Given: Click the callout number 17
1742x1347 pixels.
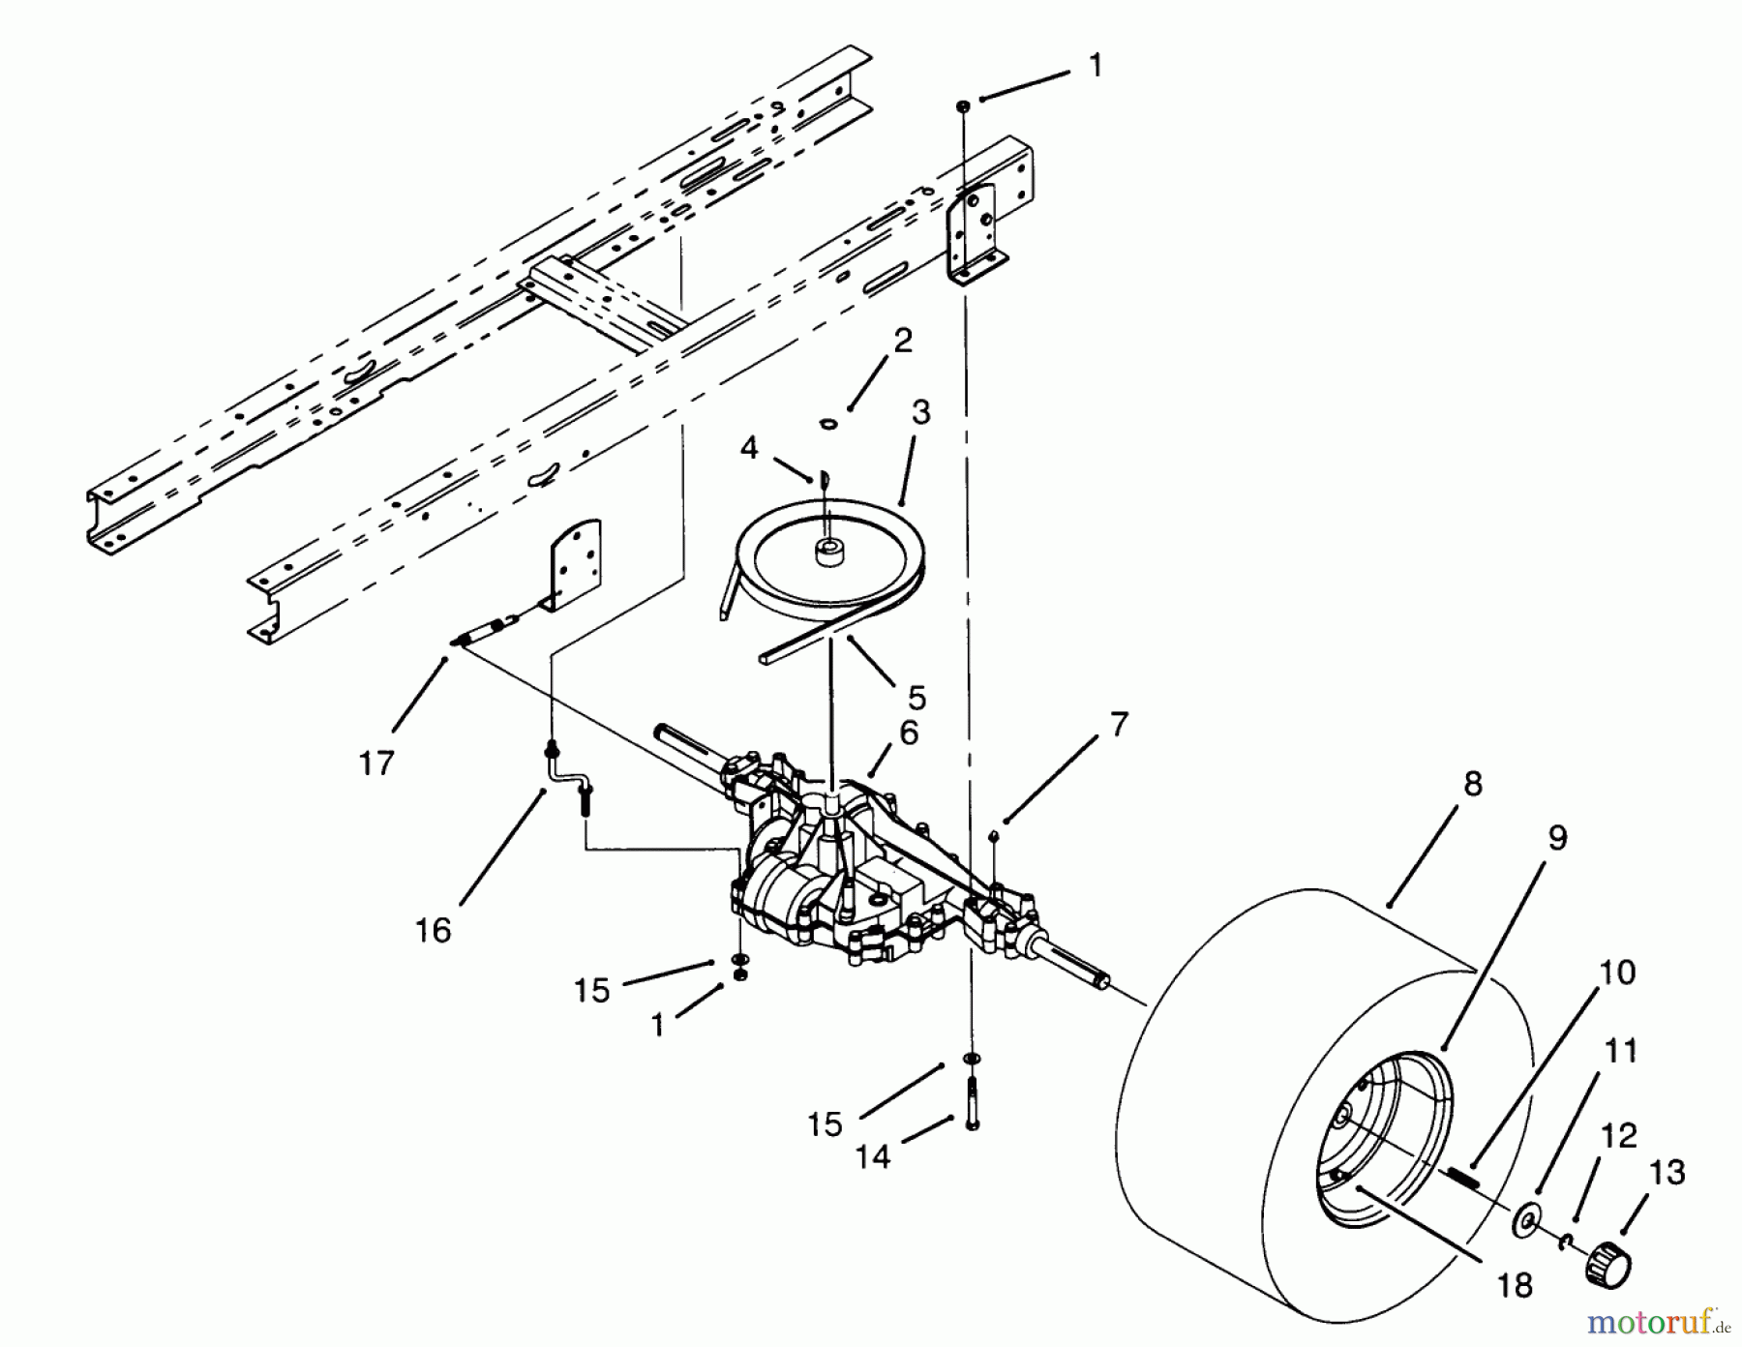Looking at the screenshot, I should (x=376, y=763).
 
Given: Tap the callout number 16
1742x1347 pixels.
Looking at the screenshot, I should (x=434, y=930).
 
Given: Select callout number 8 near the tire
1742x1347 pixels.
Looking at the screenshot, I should (x=1473, y=783).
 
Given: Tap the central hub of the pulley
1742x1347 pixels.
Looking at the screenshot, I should (x=829, y=554).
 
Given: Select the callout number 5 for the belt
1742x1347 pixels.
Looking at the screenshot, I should (x=916, y=697).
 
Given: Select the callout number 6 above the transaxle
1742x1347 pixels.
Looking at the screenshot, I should (x=908, y=733).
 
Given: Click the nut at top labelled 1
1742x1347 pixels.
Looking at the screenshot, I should (x=964, y=104).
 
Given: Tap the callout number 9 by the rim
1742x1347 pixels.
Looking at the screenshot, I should (x=1557, y=837).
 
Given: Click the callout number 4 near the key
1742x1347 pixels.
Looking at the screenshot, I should (x=749, y=448).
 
